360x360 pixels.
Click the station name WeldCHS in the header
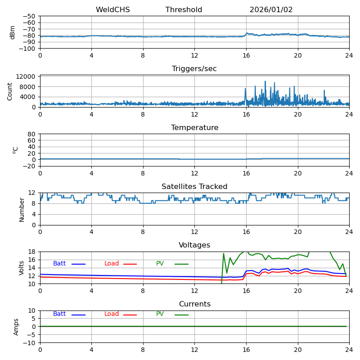click(x=112, y=10)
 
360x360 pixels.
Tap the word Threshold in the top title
click(x=184, y=10)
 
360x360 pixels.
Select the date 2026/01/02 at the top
click(x=271, y=10)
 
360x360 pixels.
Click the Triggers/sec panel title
click(x=194, y=69)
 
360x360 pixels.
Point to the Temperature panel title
click(x=194, y=128)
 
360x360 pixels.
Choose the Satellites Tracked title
click(x=194, y=187)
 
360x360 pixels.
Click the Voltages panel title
click(x=194, y=245)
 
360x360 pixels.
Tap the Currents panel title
click(x=194, y=304)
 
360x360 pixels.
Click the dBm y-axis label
click(x=13, y=32)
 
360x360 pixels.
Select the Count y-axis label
click(x=10, y=91)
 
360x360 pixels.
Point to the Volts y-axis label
click(x=22, y=268)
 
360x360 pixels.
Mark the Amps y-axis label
click(x=16, y=327)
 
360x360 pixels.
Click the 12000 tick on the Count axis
click(x=26, y=77)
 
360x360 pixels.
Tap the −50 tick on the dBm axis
click(x=29, y=16)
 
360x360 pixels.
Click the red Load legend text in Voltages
click(x=112, y=264)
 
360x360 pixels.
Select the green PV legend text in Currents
click(x=160, y=314)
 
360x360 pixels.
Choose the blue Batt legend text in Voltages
click(x=59, y=264)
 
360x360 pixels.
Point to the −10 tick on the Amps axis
click(x=29, y=343)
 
